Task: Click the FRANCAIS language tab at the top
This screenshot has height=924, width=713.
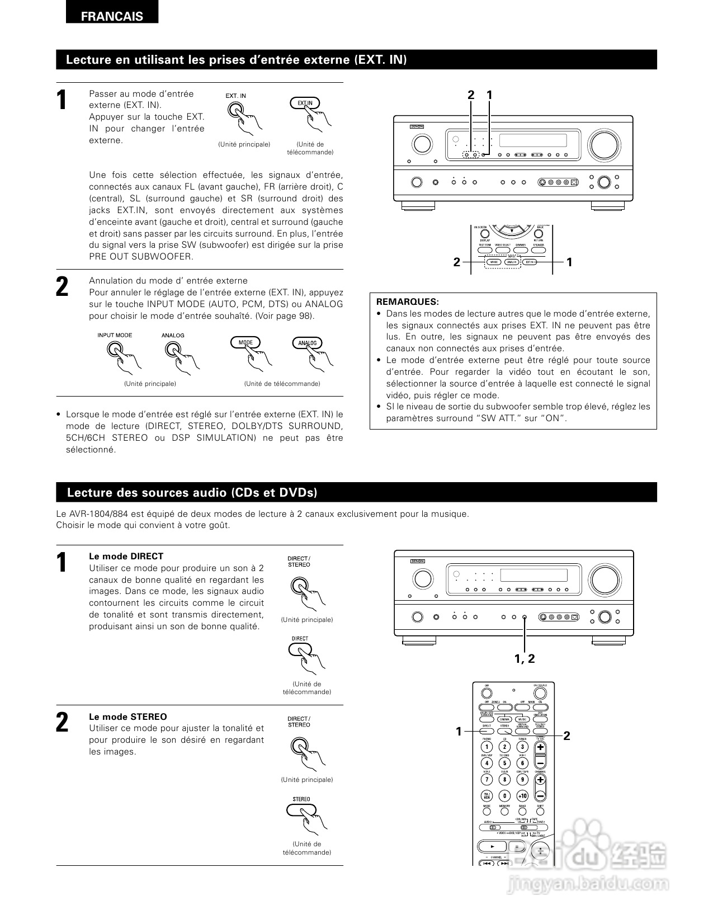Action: (112, 16)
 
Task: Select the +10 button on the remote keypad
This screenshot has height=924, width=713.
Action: (522, 795)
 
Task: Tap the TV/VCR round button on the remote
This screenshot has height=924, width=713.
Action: (487, 795)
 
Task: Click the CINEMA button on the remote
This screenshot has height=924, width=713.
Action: (504, 719)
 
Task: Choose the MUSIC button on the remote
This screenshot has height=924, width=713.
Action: (522, 719)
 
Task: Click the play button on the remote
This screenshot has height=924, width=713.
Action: (492, 846)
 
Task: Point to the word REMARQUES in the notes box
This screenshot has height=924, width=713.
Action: (408, 302)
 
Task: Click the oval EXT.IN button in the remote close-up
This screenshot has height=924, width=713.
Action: (529, 262)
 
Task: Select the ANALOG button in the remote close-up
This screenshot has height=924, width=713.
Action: (511, 262)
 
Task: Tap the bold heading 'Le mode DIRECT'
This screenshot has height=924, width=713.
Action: (126, 557)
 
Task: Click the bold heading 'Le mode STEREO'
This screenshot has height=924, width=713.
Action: (128, 716)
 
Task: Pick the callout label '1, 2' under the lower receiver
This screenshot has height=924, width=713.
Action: (525, 659)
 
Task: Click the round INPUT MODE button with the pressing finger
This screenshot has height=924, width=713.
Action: (115, 350)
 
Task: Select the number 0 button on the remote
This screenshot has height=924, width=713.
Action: (504, 795)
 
